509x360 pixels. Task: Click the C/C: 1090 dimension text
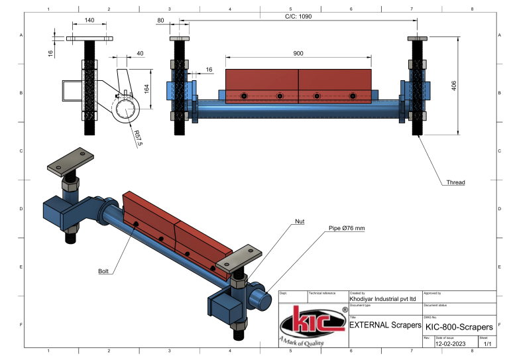point(292,17)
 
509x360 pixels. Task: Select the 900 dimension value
point(299,52)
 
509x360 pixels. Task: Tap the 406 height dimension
point(454,87)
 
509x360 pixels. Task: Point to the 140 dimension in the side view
point(89,21)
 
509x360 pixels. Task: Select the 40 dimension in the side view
point(140,53)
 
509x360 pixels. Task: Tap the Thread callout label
point(456,182)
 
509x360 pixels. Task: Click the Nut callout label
point(300,221)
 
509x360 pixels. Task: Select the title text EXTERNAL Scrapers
point(385,326)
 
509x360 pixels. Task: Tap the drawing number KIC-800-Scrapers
point(459,327)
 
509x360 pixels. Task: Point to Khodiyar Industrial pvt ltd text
point(382,299)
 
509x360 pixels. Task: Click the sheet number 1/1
point(487,344)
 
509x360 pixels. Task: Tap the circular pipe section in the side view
point(124,108)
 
